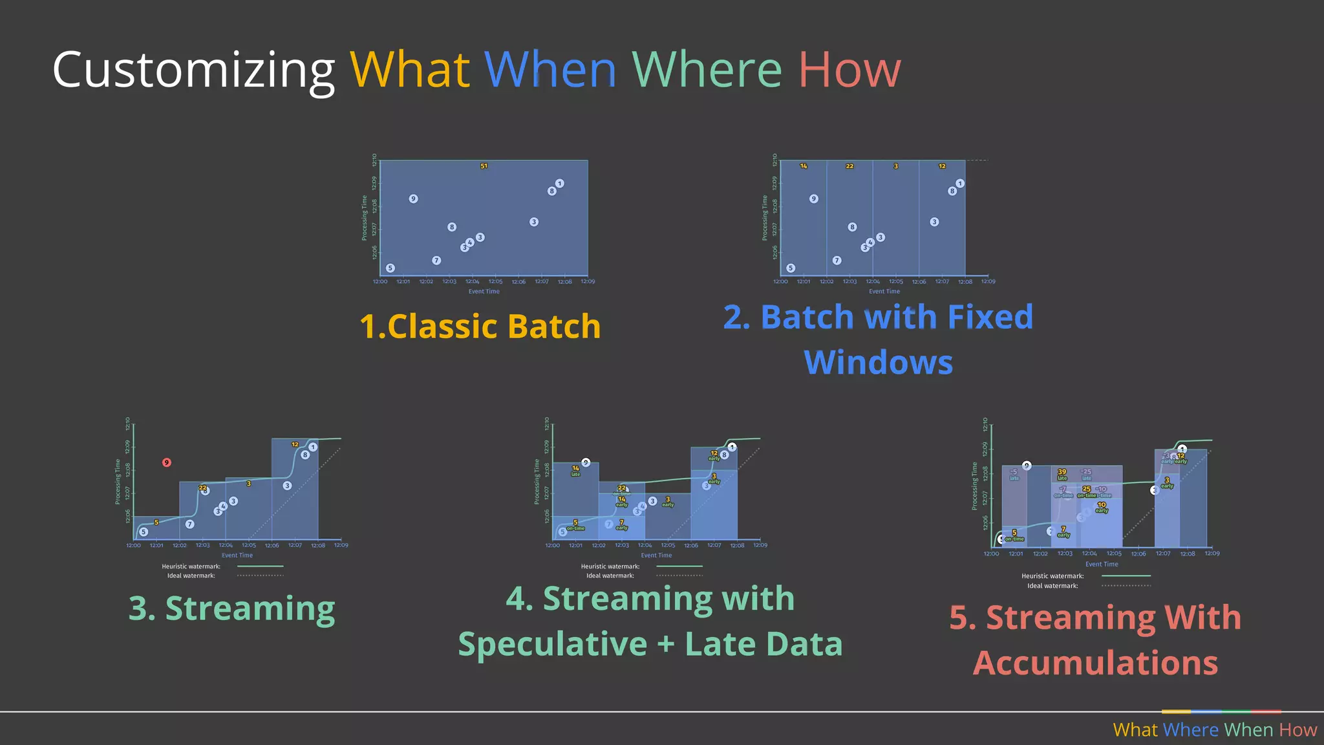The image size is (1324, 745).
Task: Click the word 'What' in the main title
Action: click(x=409, y=70)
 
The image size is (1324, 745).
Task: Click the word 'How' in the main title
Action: click(x=849, y=70)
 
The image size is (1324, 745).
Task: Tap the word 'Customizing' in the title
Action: click(x=193, y=71)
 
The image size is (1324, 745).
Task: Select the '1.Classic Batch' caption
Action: click(x=480, y=326)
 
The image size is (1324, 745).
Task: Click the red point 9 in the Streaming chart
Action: click(x=167, y=462)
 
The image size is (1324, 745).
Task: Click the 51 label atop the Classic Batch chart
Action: click(x=484, y=166)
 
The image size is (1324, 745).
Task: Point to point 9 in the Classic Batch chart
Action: click(x=413, y=199)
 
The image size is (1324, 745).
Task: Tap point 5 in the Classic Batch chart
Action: click(x=390, y=268)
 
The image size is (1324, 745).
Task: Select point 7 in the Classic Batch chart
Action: click(x=436, y=260)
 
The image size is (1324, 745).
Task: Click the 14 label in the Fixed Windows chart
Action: click(x=804, y=166)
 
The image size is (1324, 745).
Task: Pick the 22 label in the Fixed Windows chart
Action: click(x=849, y=166)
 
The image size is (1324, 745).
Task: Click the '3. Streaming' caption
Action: click(x=231, y=609)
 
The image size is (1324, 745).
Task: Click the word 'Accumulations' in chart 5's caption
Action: click(x=1095, y=663)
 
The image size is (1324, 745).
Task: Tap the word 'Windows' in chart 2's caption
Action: click(x=878, y=362)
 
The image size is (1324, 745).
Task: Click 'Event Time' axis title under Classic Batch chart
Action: click(x=484, y=292)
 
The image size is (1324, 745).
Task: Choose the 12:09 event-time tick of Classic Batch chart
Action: click(x=588, y=282)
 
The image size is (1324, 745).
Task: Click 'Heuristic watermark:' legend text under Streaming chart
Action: click(x=191, y=567)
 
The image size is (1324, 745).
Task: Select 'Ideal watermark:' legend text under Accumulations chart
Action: click(x=1052, y=586)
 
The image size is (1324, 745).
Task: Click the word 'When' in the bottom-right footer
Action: click(x=1248, y=730)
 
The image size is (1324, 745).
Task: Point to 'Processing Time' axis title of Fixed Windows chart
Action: click(x=765, y=218)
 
